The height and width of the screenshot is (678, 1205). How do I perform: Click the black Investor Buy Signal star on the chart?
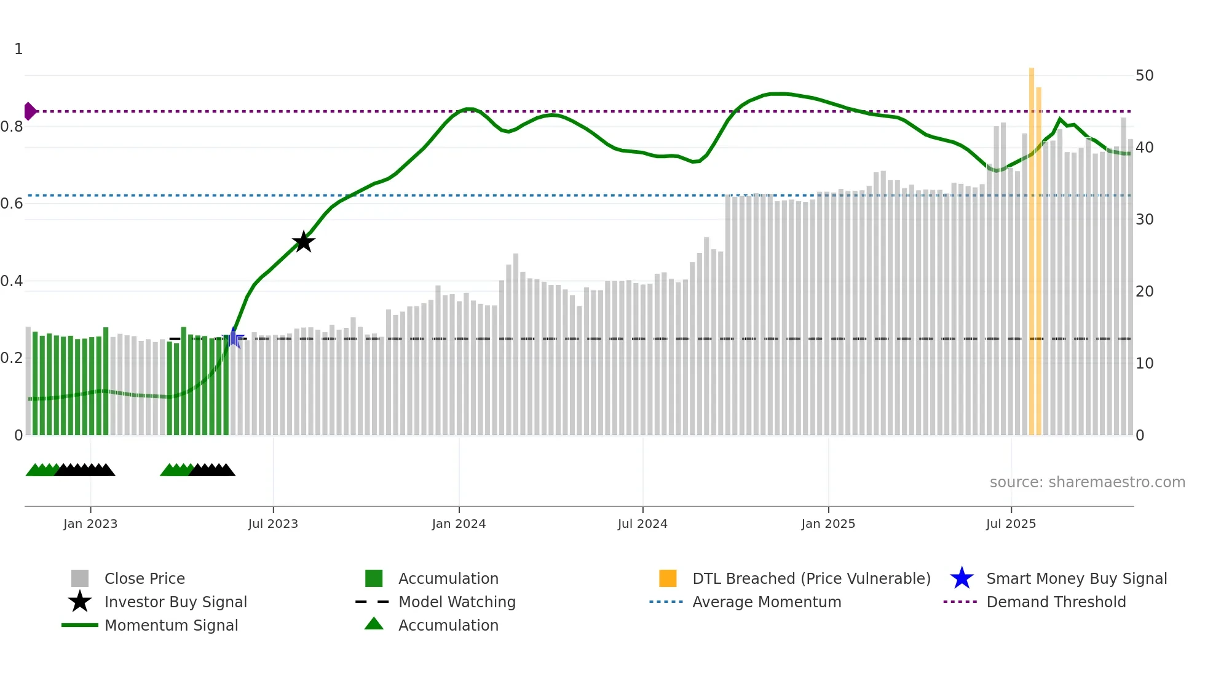(x=303, y=242)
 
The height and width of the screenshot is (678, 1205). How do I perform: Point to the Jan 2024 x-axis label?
(x=459, y=524)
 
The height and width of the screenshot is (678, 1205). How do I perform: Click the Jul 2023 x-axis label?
(x=273, y=524)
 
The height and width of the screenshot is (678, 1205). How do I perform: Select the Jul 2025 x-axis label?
(x=1011, y=524)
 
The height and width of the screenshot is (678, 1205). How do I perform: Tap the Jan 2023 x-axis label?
(x=90, y=524)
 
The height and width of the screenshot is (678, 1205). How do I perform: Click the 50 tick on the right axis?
(x=1144, y=76)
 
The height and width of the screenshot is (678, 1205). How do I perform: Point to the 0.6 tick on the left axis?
(x=12, y=204)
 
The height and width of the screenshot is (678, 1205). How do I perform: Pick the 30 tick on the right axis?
(x=1144, y=220)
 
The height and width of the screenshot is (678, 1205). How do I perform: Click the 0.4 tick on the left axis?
(x=12, y=281)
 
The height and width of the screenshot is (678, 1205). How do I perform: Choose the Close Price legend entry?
(x=144, y=578)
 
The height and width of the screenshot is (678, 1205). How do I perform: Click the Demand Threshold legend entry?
(x=1056, y=602)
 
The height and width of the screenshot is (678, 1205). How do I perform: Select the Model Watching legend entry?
(x=457, y=602)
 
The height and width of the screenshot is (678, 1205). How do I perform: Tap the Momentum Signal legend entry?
(x=171, y=625)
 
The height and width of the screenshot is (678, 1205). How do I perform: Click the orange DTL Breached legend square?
(x=668, y=578)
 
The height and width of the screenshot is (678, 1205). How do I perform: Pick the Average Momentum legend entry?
(x=767, y=602)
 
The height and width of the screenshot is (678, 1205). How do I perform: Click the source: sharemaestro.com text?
(x=1087, y=482)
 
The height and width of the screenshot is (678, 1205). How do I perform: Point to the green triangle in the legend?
(x=374, y=624)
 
